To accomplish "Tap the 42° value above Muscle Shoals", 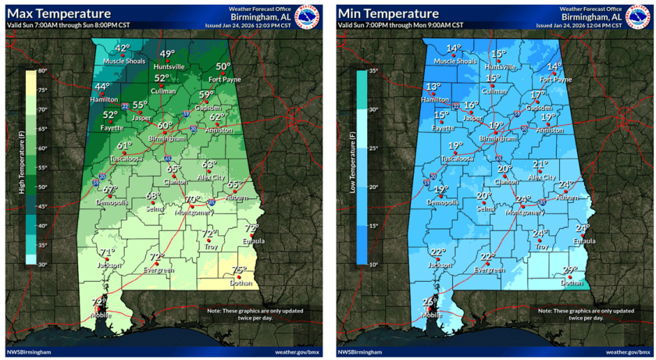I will tap(123, 48).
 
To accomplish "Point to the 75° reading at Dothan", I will tap(240, 271).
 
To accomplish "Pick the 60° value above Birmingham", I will tap(165, 125).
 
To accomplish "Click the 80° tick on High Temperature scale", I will tap(43, 72).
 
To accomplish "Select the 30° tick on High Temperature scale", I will tap(43, 265).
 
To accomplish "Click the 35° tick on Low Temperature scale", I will tap(373, 72).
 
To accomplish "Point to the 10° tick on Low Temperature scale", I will tap(373, 265).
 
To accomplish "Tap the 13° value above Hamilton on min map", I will tap(433, 87).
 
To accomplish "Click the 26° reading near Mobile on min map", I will tap(430, 301).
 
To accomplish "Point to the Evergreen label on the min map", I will tap(490, 269).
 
